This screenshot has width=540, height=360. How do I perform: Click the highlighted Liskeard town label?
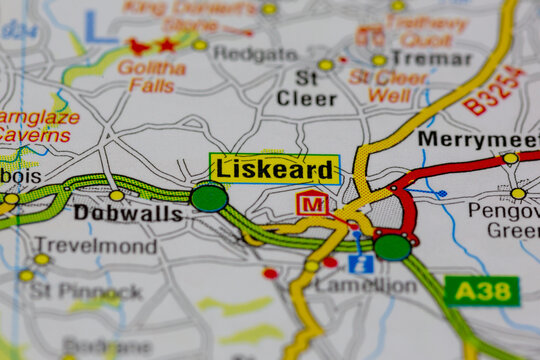[274, 169]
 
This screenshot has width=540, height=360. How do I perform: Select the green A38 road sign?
[482, 291]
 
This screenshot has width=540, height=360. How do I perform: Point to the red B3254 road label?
[494, 91]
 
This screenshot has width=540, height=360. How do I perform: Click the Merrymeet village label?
[477, 139]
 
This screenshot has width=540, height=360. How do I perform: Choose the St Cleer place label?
[305, 88]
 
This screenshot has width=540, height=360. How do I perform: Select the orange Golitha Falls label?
[152, 77]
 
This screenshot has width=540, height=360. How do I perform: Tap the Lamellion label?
[365, 285]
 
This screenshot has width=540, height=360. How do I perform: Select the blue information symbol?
[361, 264]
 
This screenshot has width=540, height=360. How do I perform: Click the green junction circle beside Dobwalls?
[209, 197]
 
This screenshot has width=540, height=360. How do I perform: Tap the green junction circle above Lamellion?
[392, 246]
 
